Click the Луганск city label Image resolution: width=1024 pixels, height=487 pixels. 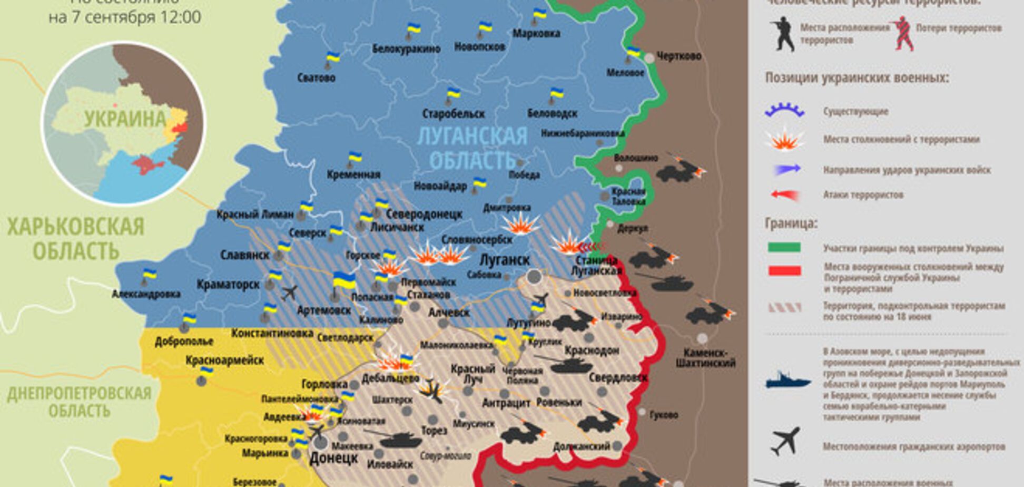point(504,260)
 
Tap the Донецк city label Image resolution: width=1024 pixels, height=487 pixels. point(333,457)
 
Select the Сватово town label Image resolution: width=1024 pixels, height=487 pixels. point(316,78)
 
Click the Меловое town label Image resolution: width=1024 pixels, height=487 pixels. point(625,73)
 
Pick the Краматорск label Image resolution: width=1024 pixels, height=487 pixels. point(228,285)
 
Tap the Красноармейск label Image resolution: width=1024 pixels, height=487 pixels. point(224,361)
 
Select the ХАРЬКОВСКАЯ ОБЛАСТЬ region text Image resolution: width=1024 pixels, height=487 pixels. point(75,238)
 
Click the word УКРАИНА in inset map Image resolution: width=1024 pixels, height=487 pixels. point(125,119)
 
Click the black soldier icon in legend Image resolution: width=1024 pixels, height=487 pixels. point(782,34)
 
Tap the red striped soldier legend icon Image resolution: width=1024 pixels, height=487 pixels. point(903,34)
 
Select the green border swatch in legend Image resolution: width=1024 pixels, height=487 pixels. point(784,247)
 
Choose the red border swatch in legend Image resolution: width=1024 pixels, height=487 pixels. point(784,270)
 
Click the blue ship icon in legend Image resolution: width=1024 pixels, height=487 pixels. point(787,381)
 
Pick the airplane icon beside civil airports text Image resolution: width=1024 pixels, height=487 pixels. point(785,442)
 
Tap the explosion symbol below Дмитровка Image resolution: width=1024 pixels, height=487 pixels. point(520,224)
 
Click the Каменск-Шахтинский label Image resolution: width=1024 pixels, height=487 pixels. point(705,357)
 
